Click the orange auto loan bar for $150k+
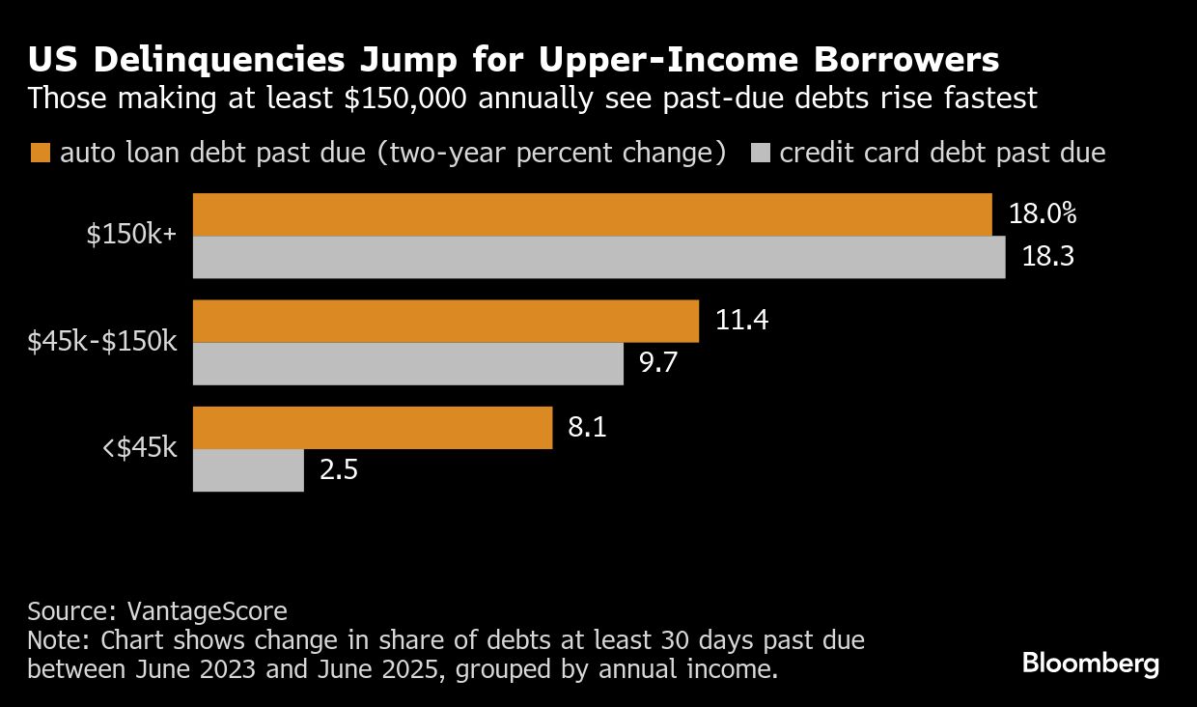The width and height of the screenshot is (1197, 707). click(593, 214)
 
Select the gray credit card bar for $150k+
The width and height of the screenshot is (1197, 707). click(599, 258)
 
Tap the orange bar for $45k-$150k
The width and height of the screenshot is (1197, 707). click(446, 321)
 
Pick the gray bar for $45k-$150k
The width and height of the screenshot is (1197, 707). click(408, 364)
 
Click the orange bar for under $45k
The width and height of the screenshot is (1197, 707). click(373, 428)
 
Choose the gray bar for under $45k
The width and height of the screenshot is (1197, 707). click(249, 471)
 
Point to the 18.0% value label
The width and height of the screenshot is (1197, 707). click(1044, 214)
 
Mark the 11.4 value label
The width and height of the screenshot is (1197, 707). click(741, 321)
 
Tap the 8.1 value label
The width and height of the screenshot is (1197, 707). click(587, 428)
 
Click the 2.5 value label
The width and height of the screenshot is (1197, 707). click(338, 471)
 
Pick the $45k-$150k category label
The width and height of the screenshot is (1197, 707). click(102, 342)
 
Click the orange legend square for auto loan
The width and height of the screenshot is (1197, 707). click(40, 153)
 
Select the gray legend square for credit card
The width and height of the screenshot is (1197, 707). click(760, 153)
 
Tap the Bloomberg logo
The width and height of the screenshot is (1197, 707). click(1090, 664)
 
